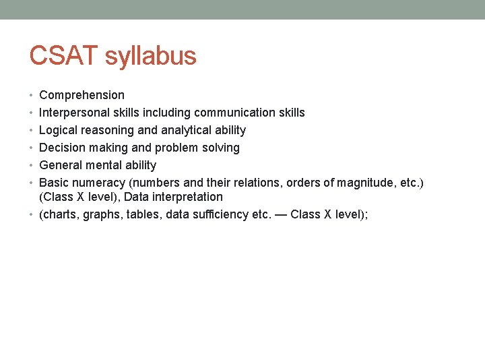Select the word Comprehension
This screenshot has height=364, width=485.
82,95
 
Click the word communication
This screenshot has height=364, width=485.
239,113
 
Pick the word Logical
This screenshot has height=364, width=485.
59,130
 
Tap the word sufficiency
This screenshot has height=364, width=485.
214,215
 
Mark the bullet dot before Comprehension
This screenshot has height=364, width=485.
32,95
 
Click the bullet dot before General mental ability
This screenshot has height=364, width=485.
32,165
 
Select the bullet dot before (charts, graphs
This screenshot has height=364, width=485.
32,215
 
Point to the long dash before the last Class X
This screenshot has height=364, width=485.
276,215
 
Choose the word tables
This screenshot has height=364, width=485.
138,215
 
